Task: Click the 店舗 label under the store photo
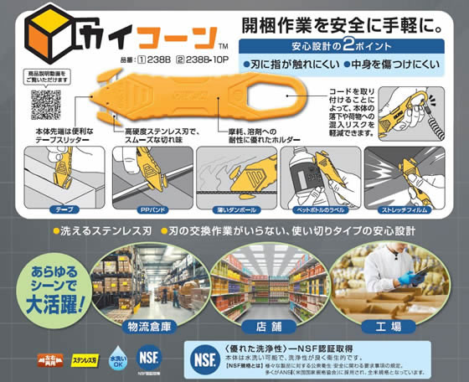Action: [x=265, y=326]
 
